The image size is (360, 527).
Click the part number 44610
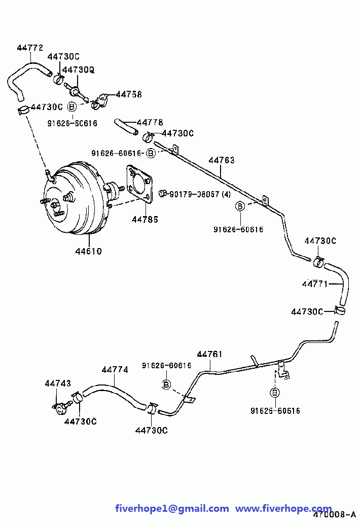click(88, 251)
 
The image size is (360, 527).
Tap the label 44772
click(30, 48)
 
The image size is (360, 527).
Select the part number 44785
click(145, 220)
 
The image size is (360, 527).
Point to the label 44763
click(222, 160)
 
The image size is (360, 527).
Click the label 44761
click(209, 354)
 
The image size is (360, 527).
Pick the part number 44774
click(115, 370)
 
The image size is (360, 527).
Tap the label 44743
click(58, 383)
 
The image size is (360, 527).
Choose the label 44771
click(315, 284)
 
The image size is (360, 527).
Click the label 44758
click(129, 94)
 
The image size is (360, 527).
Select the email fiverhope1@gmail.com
click(172, 508)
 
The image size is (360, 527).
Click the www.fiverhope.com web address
click(283, 508)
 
